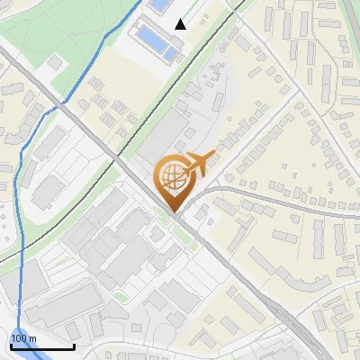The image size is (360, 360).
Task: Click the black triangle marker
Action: pos(181,24)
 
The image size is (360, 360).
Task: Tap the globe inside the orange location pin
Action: pos(171,176)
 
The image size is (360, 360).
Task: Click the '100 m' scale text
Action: pos(23,338)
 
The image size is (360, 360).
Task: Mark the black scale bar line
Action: pos(42,346)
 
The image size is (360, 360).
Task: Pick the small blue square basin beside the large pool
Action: pos(169,54)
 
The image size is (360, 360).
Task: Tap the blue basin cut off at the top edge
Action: pos(159,4)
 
